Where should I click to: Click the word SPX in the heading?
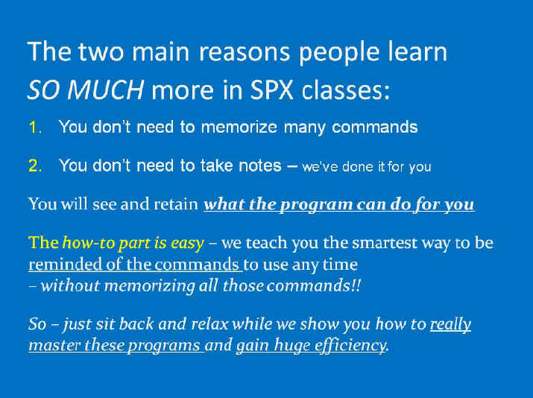[271, 89]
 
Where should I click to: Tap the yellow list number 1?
[35, 127]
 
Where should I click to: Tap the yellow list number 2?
[35, 166]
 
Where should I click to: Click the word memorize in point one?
[239, 127]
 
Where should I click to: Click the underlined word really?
[450, 324]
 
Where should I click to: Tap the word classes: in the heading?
[345, 89]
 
